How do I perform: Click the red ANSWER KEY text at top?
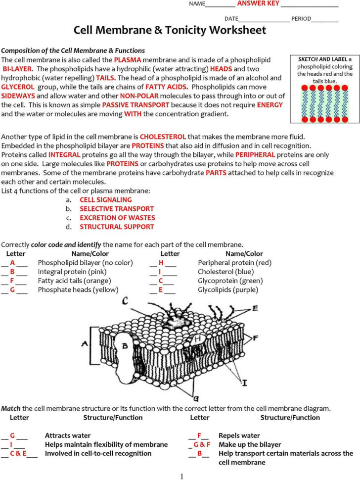coord(258,3)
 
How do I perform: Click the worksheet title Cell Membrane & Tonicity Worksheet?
coord(170,30)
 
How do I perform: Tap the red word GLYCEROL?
coord(17,87)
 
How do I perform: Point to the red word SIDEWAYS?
coord(18,96)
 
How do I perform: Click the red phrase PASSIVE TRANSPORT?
coord(135,105)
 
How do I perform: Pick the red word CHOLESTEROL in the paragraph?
coord(163,136)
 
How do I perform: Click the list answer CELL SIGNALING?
coord(105,200)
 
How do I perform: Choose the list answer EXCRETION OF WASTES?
coord(117,218)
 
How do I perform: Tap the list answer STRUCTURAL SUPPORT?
coord(117,227)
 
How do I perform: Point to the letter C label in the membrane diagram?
coord(126,300)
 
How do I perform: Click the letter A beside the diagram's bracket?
coord(85,343)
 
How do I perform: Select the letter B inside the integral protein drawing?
coord(125,345)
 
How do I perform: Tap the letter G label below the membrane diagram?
coord(196,397)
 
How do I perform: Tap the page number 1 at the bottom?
coord(181,476)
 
